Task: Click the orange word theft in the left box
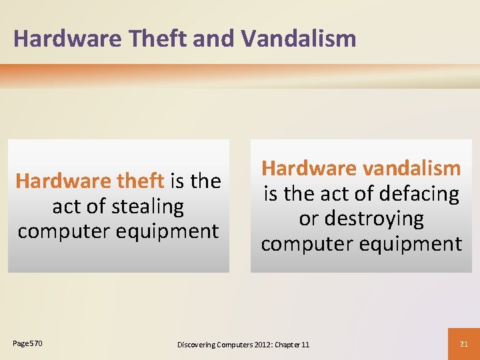point(139,181)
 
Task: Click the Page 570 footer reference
point(27,343)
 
